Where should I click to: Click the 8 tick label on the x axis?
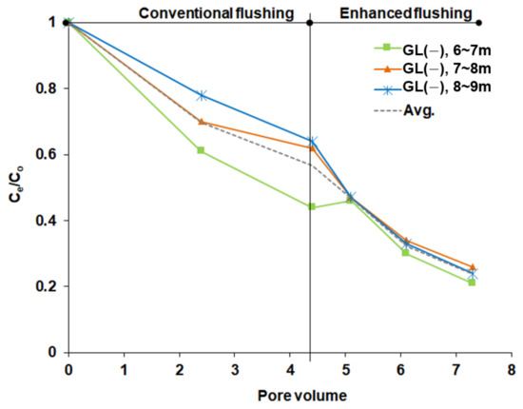point(511,367)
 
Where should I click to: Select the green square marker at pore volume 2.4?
point(201,150)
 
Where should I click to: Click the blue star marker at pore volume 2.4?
point(201,95)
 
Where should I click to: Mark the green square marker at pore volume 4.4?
point(311,206)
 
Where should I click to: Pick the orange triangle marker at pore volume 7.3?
point(472,267)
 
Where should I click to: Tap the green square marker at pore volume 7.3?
point(472,282)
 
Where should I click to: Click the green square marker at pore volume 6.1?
point(405,252)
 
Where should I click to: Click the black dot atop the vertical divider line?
point(311,22)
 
